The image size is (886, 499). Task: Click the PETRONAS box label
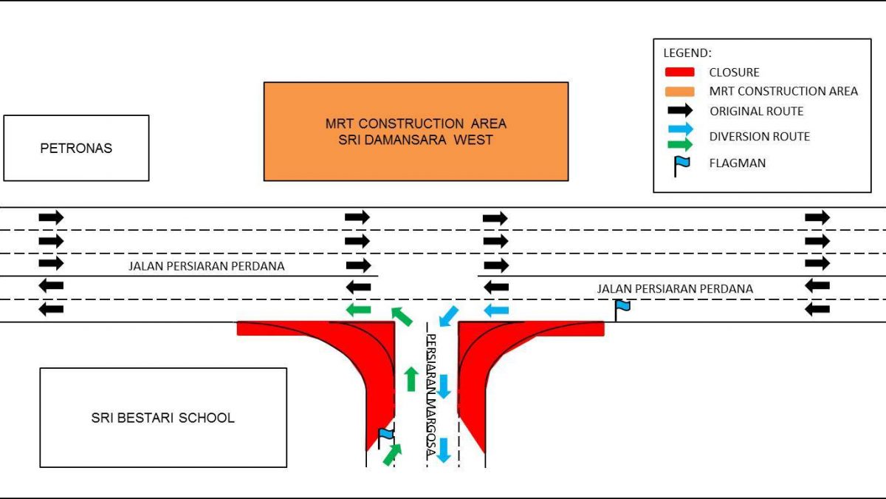pyautogui.click(x=75, y=149)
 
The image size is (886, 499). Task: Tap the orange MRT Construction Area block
pyautogui.click(x=416, y=131)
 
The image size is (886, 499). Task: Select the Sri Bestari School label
pyautogui.click(x=162, y=418)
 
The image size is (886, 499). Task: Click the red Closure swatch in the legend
pyautogui.click(x=679, y=72)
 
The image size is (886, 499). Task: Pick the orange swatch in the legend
pyautogui.click(x=679, y=92)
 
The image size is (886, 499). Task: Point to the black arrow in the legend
pyautogui.click(x=680, y=111)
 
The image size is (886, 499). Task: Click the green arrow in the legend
pyautogui.click(x=680, y=143)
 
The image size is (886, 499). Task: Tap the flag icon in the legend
pyautogui.click(x=681, y=165)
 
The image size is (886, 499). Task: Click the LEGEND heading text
pyautogui.click(x=687, y=53)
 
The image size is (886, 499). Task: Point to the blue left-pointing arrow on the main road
pyautogui.click(x=496, y=309)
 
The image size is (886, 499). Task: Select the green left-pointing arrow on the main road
pyautogui.click(x=359, y=309)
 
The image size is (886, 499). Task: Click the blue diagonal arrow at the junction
pyautogui.click(x=448, y=316)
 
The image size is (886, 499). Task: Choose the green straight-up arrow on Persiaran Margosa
pyautogui.click(x=411, y=378)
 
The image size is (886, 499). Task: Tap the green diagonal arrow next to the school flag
pyautogui.click(x=393, y=454)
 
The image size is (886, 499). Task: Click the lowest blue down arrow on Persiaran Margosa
pyautogui.click(x=443, y=449)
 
